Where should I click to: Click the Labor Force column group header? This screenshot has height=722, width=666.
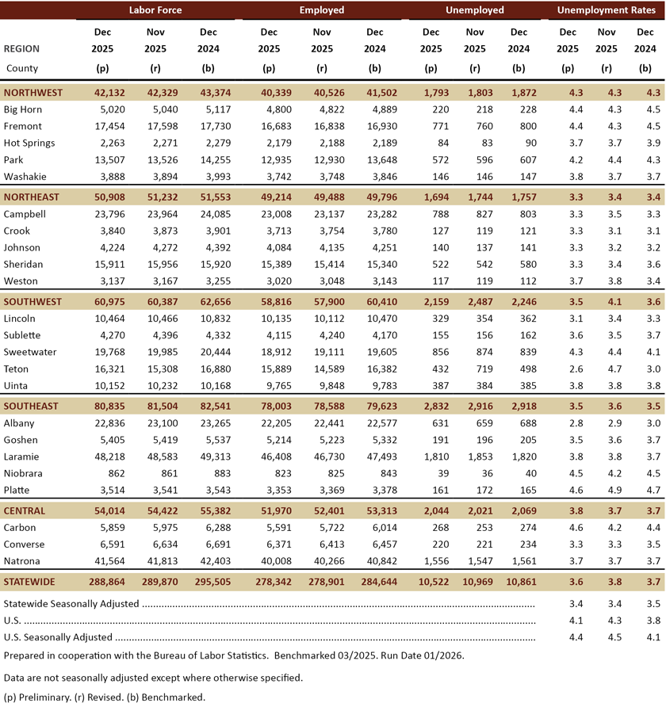[x=155, y=10]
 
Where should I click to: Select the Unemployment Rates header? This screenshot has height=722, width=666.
[x=606, y=10]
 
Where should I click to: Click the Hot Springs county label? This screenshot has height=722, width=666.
[x=29, y=143]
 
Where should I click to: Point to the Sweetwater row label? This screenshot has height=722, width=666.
[x=31, y=352]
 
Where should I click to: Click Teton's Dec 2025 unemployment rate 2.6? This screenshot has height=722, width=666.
[x=568, y=369]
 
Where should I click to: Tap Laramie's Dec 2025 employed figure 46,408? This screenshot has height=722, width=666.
[x=269, y=457]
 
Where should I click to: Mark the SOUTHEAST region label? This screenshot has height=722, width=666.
[x=31, y=407]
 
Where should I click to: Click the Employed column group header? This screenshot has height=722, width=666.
[x=322, y=10]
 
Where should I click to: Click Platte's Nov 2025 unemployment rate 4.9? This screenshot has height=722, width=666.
[x=606, y=490]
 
